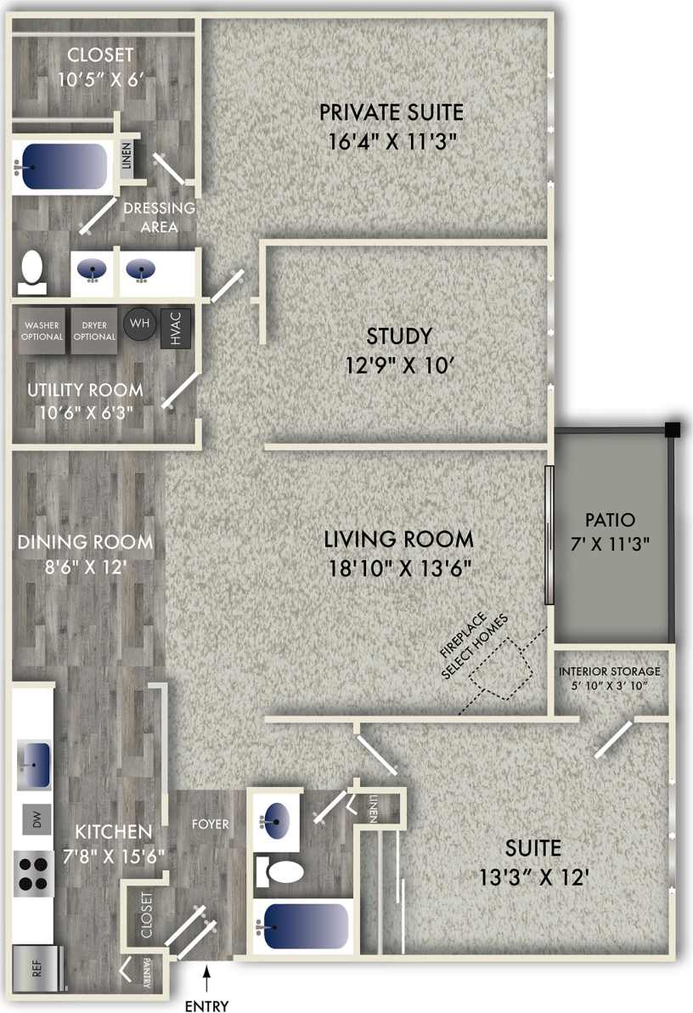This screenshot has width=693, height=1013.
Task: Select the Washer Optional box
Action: tap(42, 330)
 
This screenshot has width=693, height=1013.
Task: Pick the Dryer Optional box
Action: tap(93, 330)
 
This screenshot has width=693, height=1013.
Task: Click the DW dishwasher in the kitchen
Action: tap(36, 820)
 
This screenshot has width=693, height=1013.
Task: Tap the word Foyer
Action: tap(209, 824)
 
